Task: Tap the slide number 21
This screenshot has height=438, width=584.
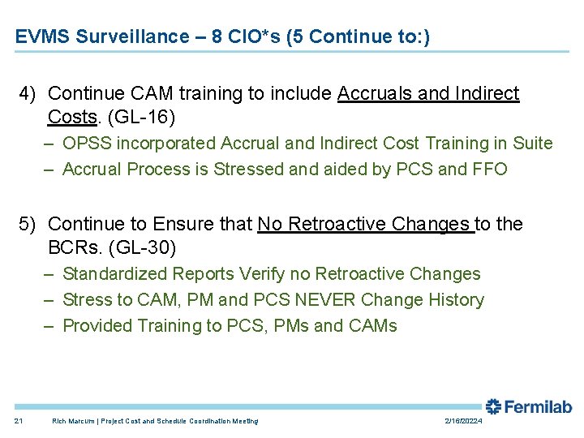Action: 19,421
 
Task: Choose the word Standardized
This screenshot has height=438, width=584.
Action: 119,274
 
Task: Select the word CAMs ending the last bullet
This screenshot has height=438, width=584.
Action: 373,326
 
